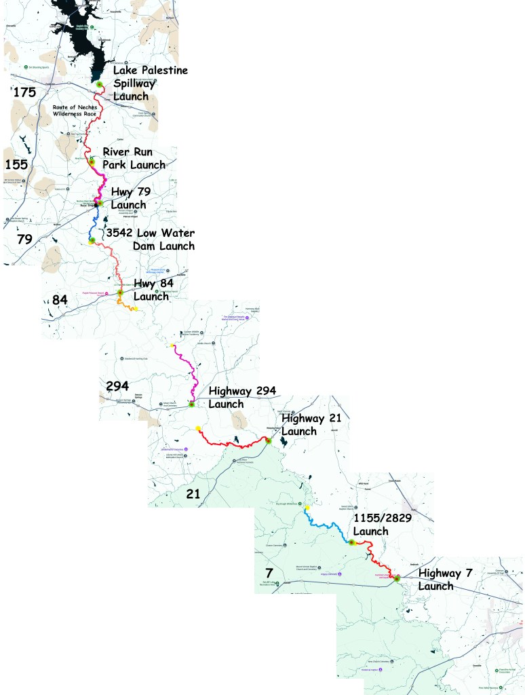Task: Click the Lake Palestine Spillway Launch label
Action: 150,83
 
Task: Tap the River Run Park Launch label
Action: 134,157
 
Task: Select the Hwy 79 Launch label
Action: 131,198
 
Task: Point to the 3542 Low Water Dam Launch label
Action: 150,239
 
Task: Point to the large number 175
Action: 24,93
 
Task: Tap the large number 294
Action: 118,386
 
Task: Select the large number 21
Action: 193,494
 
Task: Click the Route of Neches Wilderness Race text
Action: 75,111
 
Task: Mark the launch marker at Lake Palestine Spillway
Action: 99,84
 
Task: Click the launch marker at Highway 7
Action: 397,578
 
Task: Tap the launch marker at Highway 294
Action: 192,405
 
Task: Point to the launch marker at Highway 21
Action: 268,440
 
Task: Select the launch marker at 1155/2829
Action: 352,542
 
